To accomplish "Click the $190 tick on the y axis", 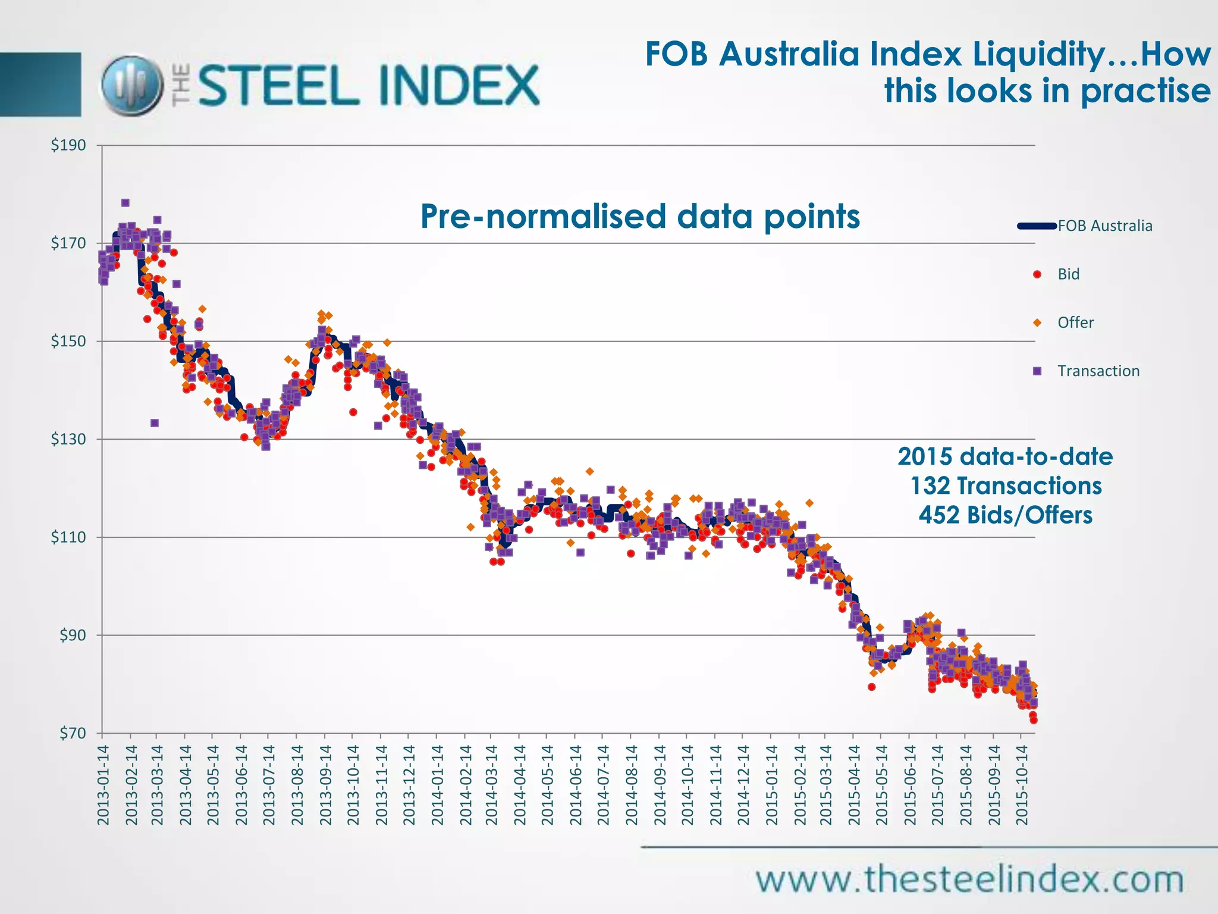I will pyautogui.click(x=68, y=145).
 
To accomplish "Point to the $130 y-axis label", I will pyautogui.click(x=68, y=439).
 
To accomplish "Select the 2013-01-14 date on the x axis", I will pyautogui.click(x=103, y=785).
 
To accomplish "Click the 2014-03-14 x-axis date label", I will pyautogui.click(x=491, y=785).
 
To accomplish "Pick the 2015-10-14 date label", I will pyautogui.click(x=1022, y=785).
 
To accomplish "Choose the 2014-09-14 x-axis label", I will pyautogui.click(x=659, y=785).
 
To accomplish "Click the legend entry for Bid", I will pyautogui.click(x=1068, y=274).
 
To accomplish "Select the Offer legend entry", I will pyautogui.click(x=1075, y=323).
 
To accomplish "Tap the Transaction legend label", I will pyautogui.click(x=1098, y=371).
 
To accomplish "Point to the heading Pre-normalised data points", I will pyautogui.click(x=640, y=216).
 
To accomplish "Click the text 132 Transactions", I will pyautogui.click(x=1006, y=486).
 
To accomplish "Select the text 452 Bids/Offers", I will pyautogui.click(x=1006, y=515).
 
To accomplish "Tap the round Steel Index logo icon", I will pyautogui.click(x=131, y=86).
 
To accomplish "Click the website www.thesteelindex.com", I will pyautogui.click(x=969, y=879).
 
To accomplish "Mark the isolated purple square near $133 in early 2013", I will pyautogui.click(x=155, y=423).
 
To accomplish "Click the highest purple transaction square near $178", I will pyautogui.click(x=125, y=203).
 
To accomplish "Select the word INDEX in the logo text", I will pyautogui.click(x=458, y=86).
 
